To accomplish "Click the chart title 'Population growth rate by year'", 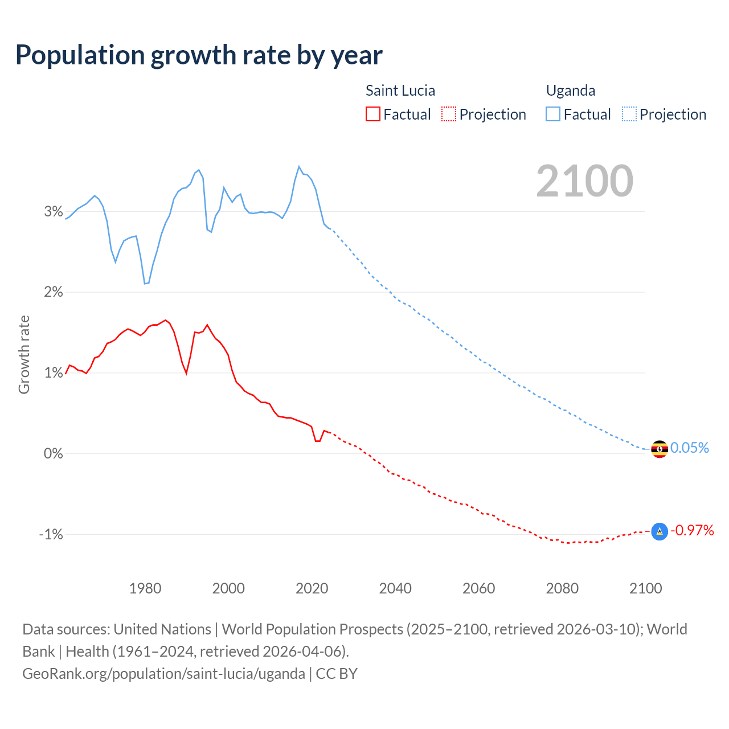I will click(199, 55).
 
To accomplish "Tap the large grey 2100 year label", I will click(584, 181).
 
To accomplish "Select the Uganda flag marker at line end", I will click(659, 449).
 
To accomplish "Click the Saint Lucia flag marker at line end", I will click(659, 531).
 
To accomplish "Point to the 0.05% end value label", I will click(690, 448).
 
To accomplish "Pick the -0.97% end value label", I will click(692, 531).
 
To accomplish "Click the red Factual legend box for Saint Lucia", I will click(373, 114).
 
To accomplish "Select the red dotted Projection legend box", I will click(449, 114).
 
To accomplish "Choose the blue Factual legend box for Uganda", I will click(553, 114).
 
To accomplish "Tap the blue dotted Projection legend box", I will click(629, 114).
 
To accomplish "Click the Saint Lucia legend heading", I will click(400, 91).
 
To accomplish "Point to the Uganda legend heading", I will click(570, 91).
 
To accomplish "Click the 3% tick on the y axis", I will click(54, 212).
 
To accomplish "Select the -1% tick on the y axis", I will click(51, 534).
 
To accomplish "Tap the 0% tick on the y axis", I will click(54, 454).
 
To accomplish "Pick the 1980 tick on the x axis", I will click(145, 588).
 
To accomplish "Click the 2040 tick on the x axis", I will click(395, 588).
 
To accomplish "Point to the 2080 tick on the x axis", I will click(562, 588).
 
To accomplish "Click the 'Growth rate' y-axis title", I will click(24, 354).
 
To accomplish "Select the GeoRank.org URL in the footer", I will click(163, 674).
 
